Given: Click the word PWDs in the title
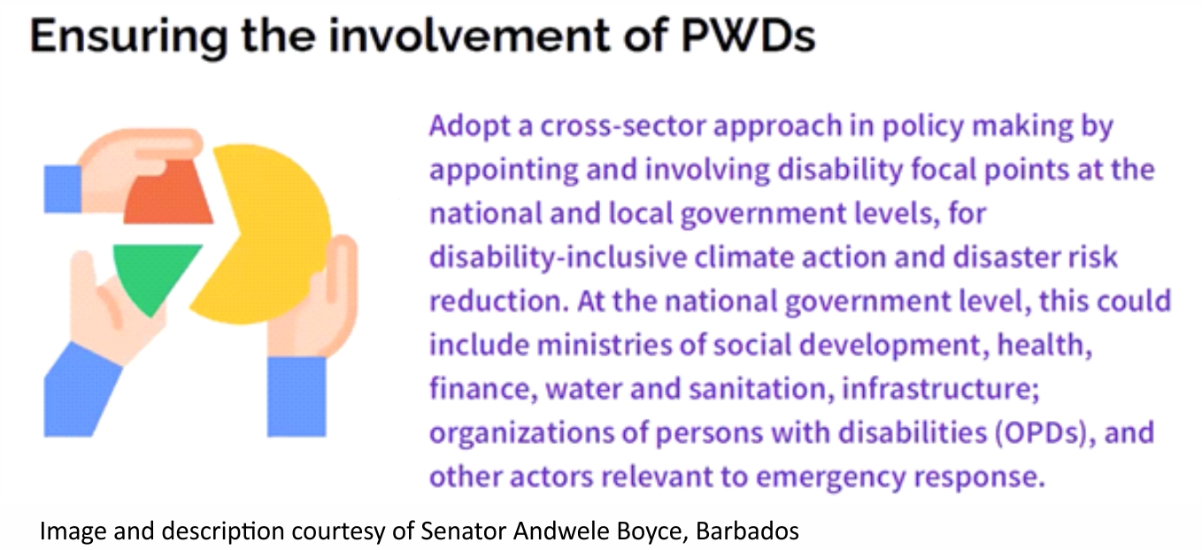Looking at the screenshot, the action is (x=748, y=35).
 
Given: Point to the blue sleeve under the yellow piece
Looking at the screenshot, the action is (x=297, y=397).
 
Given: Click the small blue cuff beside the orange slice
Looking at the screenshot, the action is (x=63, y=188).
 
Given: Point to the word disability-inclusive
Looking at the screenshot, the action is (x=558, y=256).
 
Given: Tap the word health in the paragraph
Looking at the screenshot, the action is (x=1044, y=345).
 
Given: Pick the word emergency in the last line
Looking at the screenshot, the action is (x=830, y=477).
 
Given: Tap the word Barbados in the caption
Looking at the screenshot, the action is (x=748, y=531).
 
